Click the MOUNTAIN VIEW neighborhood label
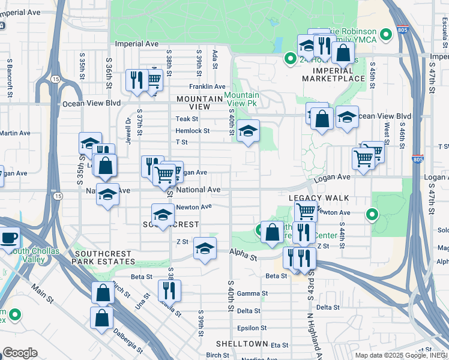coord(193,103)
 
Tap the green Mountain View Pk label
coord(242,100)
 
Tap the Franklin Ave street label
coord(207,87)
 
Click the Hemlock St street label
coord(192,131)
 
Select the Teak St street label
coord(186,119)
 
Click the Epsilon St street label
coord(252,328)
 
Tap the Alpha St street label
coord(243,257)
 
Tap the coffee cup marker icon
coord(10,237)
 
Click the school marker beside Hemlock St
coord(247,131)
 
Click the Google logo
coord(19,353)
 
